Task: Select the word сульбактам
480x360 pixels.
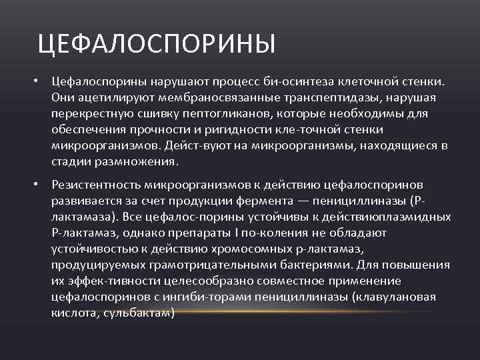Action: (x=139, y=312)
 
